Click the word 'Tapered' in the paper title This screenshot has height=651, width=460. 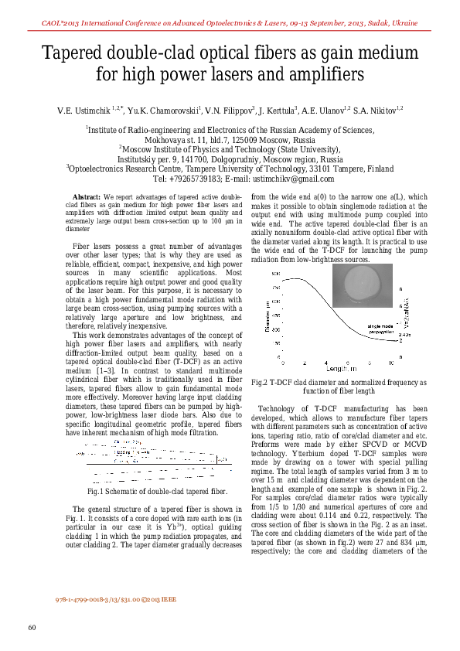(x=77, y=54)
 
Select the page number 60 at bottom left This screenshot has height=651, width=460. (x=32, y=626)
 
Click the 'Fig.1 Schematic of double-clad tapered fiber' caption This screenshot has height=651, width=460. (x=158, y=491)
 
